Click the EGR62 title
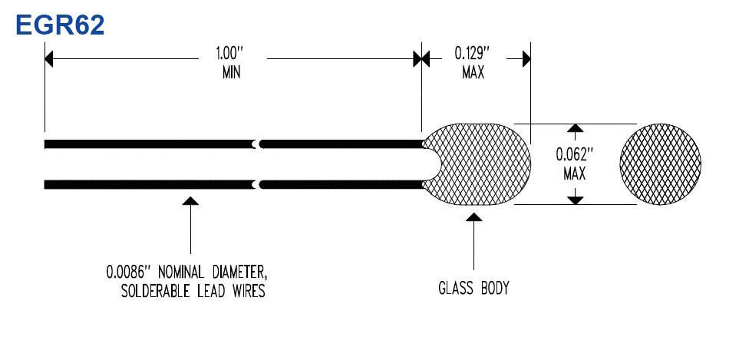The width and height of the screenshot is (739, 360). (x=60, y=25)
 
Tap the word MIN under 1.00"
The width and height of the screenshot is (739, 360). (x=232, y=73)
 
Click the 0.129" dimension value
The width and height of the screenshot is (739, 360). (x=472, y=52)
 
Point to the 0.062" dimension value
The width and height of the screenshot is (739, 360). (x=574, y=154)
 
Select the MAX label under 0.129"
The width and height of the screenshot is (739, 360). (x=473, y=73)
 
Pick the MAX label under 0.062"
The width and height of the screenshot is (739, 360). (x=575, y=174)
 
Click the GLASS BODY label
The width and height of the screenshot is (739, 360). (x=473, y=288)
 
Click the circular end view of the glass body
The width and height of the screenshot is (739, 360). (x=660, y=164)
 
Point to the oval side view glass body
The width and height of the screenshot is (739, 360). (x=477, y=164)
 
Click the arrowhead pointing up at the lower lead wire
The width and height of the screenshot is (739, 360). (x=190, y=201)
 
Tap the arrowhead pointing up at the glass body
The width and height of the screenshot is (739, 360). (x=473, y=216)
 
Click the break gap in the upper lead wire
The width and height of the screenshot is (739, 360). (x=257, y=144)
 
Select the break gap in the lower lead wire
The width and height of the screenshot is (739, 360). (x=257, y=184)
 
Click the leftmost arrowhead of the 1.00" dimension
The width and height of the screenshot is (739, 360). (x=49, y=59)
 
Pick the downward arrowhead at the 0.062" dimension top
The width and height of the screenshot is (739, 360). (x=575, y=128)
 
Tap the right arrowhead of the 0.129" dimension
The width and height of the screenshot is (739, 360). (x=526, y=59)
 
